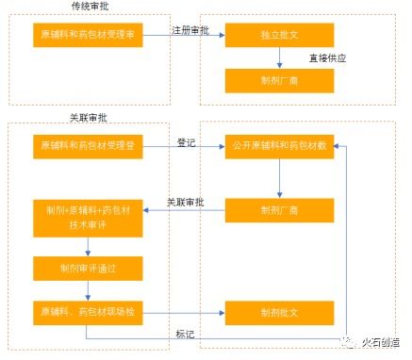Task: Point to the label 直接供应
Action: tap(326, 57)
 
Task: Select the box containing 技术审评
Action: tap(88, 215)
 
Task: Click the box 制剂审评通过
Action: tap(88, 268)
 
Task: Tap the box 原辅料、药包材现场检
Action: tap(88, 311)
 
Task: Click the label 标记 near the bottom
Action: tap(186, 333)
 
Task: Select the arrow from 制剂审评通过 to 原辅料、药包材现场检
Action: tap(88, 289)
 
